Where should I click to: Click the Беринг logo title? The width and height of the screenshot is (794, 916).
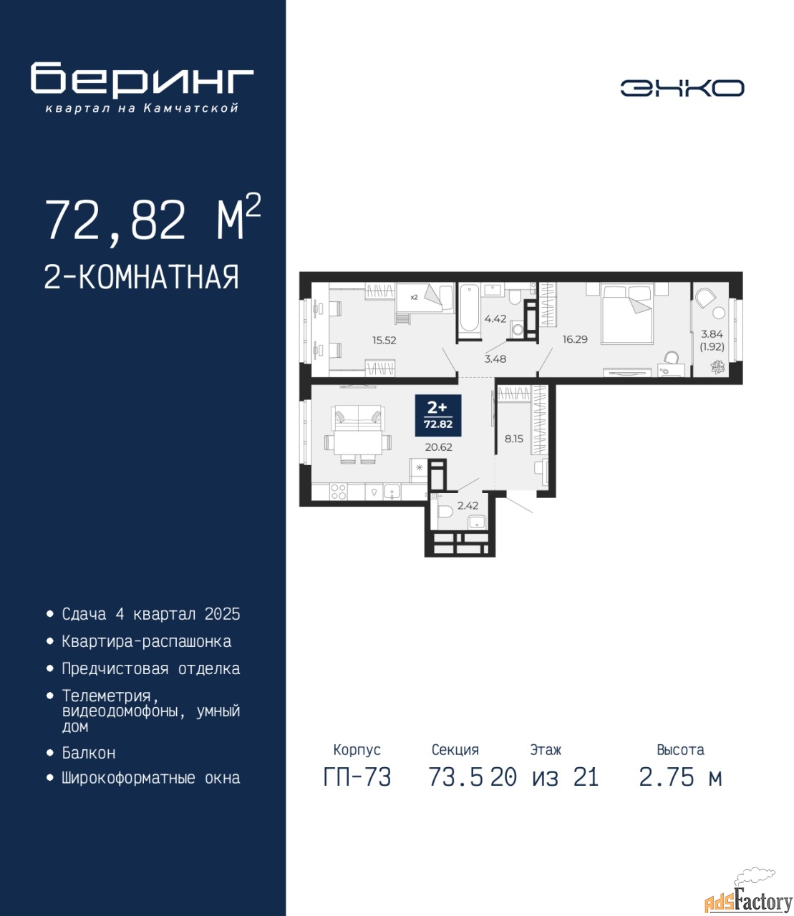[x=142, y=79]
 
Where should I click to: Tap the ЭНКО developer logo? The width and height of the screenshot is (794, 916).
[x=682, y=88]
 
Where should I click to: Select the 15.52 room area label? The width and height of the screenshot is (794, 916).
[x=384, y=341]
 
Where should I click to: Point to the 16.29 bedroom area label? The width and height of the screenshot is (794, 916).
[x=575, y=339]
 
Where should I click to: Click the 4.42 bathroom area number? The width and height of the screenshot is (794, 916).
[x=495, y=318]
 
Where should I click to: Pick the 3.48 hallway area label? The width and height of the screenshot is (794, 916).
[x=495, y=359]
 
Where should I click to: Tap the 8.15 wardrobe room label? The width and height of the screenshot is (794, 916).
[x=514, y=439]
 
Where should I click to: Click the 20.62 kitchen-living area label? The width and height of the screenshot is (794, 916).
[x=438, y=447]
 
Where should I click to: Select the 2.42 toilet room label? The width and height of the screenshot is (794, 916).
[x=468, y=506]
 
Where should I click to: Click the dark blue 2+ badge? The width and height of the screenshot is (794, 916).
[x=438, y=415]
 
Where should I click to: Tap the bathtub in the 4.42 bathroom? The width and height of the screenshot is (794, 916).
[x=469, y=308]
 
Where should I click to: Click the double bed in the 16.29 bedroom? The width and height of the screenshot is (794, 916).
[x=627, y=314]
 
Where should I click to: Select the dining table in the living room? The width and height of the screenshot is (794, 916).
[x=358, y=443]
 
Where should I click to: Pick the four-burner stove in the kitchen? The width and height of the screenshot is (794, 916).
[x=339, y=492]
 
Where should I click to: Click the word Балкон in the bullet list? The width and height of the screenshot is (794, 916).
[x=89, y=753]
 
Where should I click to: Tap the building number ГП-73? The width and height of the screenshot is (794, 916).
[x=357, y=777]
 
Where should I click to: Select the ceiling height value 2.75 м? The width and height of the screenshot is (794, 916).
[x=680, y=777]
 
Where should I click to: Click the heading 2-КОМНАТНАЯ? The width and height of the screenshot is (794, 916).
[x=142, y=277]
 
